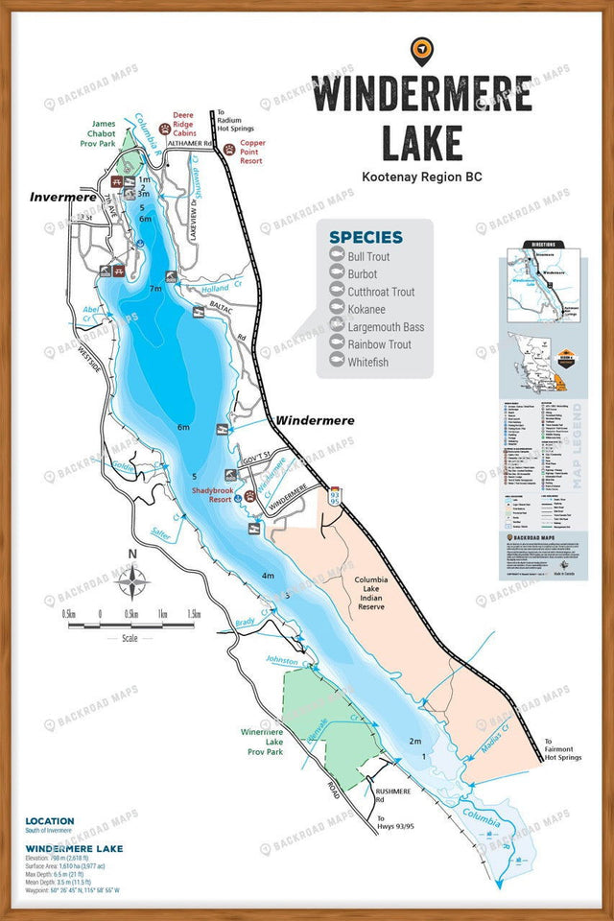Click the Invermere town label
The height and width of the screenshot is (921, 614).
pos(63,197)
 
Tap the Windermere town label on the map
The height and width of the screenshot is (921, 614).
pos(315,420)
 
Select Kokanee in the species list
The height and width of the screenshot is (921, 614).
pos(366,309)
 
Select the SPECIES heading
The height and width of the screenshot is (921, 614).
pos(366,237)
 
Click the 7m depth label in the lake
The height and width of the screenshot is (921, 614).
pos(155,288)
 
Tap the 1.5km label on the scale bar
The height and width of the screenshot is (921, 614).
pos(194,613)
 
